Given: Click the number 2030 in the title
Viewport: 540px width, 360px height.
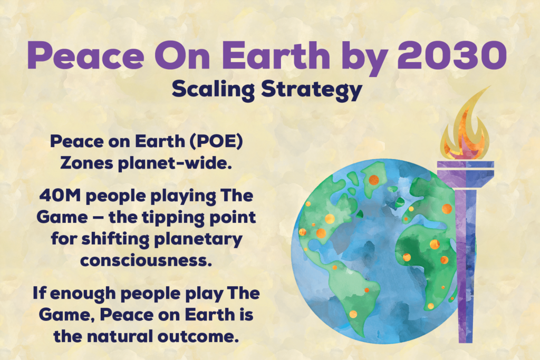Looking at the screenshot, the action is click(452, 55).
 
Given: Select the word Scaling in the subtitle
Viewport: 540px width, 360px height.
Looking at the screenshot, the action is click(213, 90).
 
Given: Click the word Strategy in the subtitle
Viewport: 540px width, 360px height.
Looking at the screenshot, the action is click(312, 90).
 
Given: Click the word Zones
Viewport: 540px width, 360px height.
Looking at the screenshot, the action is click(87, 163).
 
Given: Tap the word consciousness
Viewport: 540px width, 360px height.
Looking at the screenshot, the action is click(146, 260).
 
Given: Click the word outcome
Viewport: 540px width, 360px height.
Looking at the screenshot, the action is click(198, 337).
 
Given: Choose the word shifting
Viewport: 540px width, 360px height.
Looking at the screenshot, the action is click(115, 239).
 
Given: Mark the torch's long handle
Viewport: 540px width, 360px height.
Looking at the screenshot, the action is click(466, 265).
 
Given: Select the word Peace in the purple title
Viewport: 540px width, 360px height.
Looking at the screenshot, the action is click(86, 55).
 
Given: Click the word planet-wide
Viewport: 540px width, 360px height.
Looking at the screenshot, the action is click(175, 164).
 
